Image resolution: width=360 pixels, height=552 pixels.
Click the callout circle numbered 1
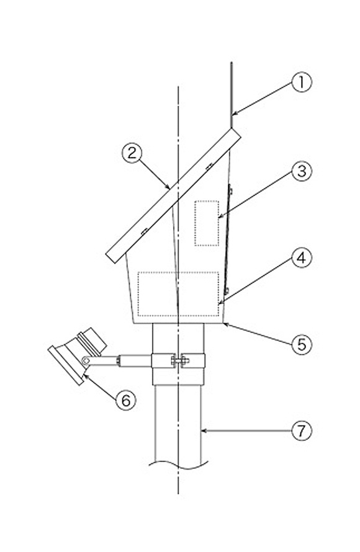(x=302, y=82)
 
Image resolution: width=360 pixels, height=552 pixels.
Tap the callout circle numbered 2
(x=132, y=153)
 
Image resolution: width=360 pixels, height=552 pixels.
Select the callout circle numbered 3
(x=302, y=171)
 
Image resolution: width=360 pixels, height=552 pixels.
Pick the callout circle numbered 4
(x=302, y=258)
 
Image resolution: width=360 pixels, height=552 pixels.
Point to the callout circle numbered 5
(x=302, y=344)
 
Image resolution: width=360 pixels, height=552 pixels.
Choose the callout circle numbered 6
(x=126, y=400)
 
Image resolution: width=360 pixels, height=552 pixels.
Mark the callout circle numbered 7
(x=302, y=430)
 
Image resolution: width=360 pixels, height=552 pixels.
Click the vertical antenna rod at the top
(x=232, y=95)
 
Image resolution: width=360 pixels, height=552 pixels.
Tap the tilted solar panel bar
(x=174, y=195)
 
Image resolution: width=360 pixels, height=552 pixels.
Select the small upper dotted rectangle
(x=207, y=223)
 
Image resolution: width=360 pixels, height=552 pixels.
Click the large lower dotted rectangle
(x=178, y=294)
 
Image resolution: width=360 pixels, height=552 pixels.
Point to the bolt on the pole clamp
(x=179, y=360)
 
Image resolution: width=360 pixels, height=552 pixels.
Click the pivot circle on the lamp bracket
(x=85, y=360)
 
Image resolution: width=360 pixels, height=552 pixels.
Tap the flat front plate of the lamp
(x=66, y=366)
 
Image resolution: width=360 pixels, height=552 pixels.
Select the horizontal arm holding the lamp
(x=120, y=361)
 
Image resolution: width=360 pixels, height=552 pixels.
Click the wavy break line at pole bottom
(x=178, y=465)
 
